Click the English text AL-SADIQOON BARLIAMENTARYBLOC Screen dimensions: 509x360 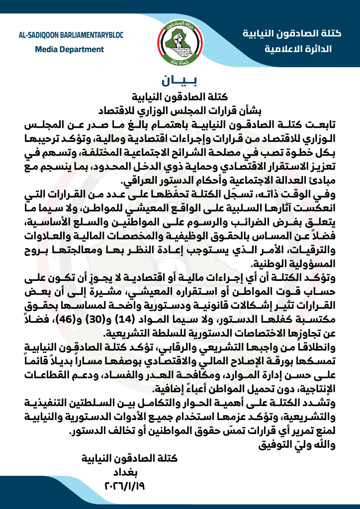70,35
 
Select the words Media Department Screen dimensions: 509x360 70,49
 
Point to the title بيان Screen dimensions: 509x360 180,81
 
